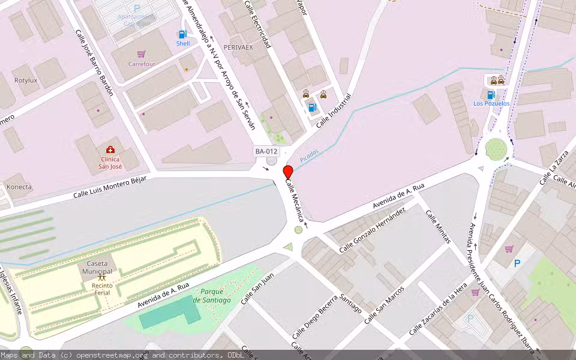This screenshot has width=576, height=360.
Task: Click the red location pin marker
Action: point(288,173)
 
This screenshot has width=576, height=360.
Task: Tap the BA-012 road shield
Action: point(266,151)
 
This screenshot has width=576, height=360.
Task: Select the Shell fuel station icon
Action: point(182,35)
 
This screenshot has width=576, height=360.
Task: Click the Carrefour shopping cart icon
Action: point(142,54)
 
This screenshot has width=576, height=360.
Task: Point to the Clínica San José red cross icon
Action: point(110,149)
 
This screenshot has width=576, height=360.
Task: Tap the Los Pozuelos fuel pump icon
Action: point(491,95)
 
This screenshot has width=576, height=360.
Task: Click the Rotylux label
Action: point(26,80)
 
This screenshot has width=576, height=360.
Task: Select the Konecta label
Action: point(19,187)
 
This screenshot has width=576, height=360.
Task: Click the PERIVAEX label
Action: point(238,47)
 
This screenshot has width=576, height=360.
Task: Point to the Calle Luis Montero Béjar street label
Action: point(110,187)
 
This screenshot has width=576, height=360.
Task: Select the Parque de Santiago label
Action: point(212,296)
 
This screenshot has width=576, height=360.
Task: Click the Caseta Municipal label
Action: point(97,268)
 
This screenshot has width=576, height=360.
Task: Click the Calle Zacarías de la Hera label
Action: point(437,310)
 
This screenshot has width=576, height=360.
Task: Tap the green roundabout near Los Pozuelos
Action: point(496,148)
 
